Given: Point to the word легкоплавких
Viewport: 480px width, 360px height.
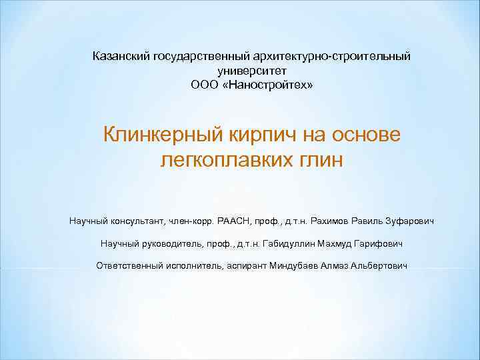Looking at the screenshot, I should pyautogui.click(x=225, y=161).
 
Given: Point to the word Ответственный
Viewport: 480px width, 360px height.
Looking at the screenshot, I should pyautogui.click(x=129, y=265).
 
